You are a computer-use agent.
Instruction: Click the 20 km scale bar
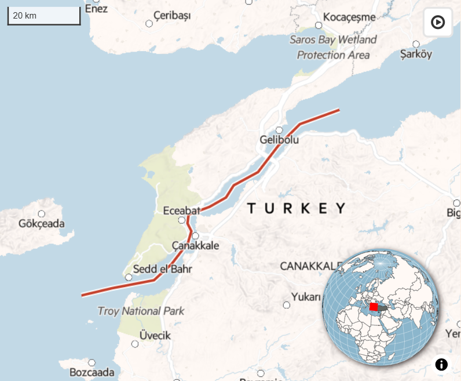pyautogui.click(x=43, y=16)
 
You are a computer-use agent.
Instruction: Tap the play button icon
pyautogui.click(x=438, y=23)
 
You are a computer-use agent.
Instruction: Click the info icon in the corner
pyautogui.click(x=441, y=365)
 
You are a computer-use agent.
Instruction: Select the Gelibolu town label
pyautogui.click(x=279, y=140)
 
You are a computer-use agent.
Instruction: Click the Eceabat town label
pyautogui.click(x=181, y=210)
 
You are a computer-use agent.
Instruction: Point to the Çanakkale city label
pyautogui.click(x=196, y=245)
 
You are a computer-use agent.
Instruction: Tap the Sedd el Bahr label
pyautogui.click(x=162, y=269)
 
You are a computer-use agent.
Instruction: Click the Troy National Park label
pyautogui.click(x=141, y=311)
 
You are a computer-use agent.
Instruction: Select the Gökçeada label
pyautogui.click(x=42, y=223)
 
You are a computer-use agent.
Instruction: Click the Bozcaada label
pyautogui.click(x=92, y=372)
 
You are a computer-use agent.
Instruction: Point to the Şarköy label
pyautogui.click(x=416, y=54)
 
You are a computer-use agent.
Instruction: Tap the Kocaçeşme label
pyautogui.click(x=349, y=17)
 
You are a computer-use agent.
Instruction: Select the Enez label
pyautogui.click(x=96, y=8)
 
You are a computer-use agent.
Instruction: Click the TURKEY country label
pyautogui.click(x=297, y=208)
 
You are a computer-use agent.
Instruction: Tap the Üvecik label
pyautogui.click(x=155, y=336)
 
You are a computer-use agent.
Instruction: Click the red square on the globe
pyautogui.click(x=374, y=307)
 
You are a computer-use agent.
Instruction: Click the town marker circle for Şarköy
pyautogui.click(x=416, y=44)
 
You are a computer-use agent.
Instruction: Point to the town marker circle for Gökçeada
pyautogui.click(x=41, y=214)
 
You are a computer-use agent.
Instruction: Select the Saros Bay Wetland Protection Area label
pyautogui.click(x=333, y=48)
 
